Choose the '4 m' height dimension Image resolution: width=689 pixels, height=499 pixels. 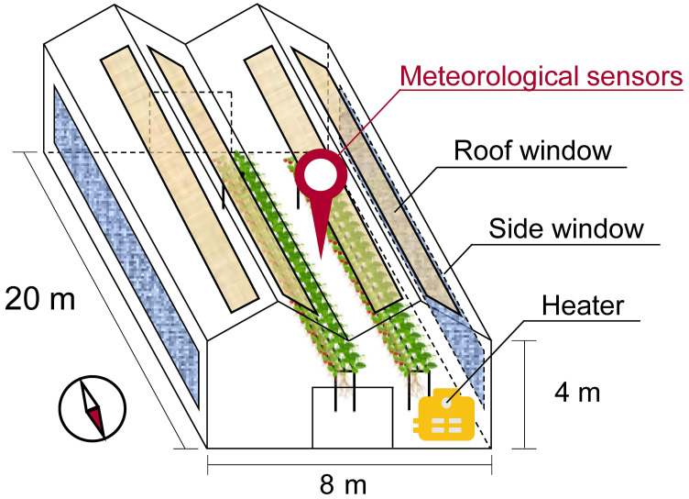576,394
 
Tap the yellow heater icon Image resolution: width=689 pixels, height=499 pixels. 446,417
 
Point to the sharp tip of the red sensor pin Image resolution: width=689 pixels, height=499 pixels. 321,256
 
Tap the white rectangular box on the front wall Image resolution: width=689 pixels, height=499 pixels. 353,417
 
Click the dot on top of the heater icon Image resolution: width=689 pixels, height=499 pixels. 446,399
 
